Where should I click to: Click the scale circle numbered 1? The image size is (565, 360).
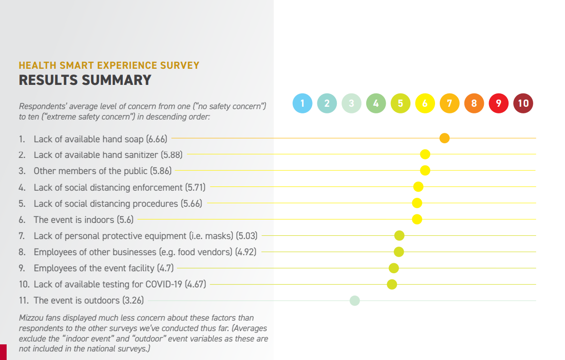[303, 103]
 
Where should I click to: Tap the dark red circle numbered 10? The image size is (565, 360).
[523, 103]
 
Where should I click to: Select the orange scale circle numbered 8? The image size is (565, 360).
[474, 103]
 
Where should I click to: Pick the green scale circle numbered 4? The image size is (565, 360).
[376, 103]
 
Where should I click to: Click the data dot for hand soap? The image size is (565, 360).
[445, 138]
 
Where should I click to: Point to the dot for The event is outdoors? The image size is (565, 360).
[354, 300]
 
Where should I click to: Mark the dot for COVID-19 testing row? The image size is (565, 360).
[392, 285]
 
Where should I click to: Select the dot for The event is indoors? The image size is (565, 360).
[417, 219]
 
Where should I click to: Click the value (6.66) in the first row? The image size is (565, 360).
[157, 139]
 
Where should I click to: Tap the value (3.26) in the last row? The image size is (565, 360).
[133, 300]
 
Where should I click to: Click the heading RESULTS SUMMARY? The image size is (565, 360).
[85, 80]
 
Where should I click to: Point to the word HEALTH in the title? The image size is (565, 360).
[35, 65]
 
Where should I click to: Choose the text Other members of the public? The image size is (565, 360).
[90, 171]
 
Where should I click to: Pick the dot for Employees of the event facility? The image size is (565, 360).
[394, 268]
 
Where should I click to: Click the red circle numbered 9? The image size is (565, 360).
[499, 103]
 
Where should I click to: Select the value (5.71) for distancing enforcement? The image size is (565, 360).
[195, 187]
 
